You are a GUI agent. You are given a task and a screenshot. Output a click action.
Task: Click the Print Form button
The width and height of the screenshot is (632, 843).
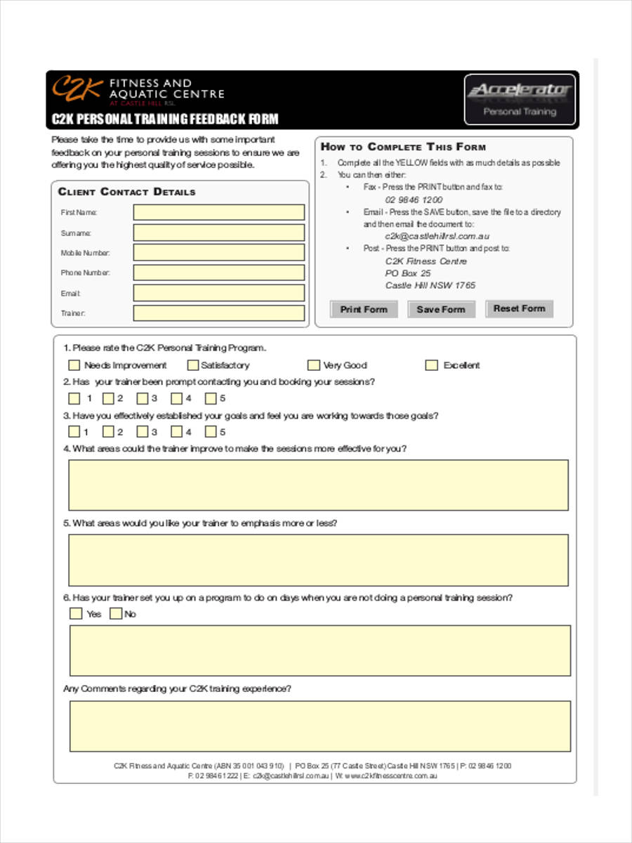364,309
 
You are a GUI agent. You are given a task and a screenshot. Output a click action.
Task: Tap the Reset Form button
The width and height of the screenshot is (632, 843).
519,308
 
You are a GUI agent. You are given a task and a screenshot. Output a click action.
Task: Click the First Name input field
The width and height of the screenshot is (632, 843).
219,212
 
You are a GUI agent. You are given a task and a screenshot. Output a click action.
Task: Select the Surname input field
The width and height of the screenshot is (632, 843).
219,233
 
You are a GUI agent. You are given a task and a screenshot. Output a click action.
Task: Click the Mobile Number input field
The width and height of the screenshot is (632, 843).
219,253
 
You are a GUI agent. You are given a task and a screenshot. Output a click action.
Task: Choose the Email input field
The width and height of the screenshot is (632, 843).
219,293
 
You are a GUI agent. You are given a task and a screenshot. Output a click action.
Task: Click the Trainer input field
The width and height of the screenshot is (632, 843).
219,313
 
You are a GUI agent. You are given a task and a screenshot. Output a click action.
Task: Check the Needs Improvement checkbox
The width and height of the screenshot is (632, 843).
74,365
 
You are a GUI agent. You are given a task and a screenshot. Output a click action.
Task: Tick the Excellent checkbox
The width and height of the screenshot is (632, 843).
432,365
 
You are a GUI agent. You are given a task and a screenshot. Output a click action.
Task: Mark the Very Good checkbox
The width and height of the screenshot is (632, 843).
313,365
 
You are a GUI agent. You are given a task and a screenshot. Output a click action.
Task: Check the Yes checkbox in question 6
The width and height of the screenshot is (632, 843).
76,614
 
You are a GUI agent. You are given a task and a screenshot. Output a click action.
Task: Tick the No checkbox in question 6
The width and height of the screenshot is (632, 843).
116,614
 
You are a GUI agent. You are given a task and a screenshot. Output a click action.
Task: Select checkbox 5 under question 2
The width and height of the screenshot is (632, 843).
211,398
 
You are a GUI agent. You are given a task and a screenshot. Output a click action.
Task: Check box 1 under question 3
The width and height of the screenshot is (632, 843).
74,432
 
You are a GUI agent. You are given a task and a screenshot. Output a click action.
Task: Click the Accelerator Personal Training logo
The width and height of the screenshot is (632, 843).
520,99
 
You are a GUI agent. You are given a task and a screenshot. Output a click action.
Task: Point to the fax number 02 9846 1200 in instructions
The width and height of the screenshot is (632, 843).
414,200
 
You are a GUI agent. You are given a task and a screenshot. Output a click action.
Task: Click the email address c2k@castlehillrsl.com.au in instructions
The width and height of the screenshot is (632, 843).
437,237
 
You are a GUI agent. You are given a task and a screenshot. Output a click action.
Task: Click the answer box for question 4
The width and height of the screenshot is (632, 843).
318,485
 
